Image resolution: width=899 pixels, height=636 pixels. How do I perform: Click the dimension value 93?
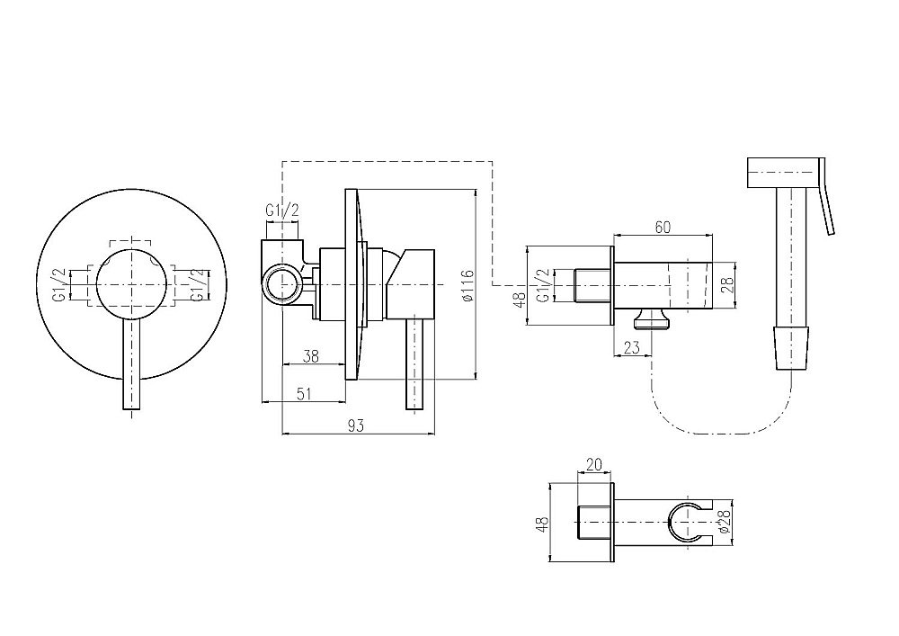[x=355, y=425]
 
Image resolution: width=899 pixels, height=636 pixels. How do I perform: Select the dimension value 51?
[x=304, y=393]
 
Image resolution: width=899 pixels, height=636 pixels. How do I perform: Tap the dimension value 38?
[x=310, y=356]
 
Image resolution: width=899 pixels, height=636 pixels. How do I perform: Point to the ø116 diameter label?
[x=467, y=285]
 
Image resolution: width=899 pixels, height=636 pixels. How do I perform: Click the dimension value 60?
[x=663, y=227]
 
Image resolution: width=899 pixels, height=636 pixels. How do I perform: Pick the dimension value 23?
[x=631, y=347]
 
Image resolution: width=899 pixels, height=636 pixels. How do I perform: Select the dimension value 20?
[x=594, y=464]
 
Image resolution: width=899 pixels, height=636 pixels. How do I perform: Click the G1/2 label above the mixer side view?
[x=282, y=211]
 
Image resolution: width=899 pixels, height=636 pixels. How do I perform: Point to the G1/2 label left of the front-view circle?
[x=60, y=284]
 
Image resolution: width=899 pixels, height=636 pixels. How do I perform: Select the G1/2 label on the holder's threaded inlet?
[x=546, y=285]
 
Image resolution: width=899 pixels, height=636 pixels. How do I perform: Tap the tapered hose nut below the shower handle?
[x=792, y=348]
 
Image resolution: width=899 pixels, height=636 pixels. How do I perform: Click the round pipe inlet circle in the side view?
[x=281, y=285]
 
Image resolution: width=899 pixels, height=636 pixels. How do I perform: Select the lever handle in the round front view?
[x=131, y=363]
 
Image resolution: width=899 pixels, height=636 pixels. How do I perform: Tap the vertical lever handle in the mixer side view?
[x=415, y=364]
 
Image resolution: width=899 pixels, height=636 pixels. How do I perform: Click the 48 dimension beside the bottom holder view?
[x=542, y=523]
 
